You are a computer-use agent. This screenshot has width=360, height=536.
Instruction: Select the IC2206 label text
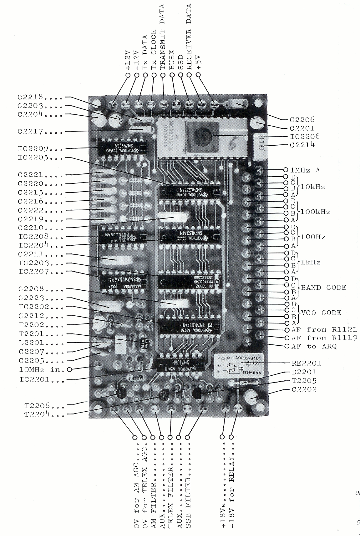pos(302,137)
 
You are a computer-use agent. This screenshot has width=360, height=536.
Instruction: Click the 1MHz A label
pos(305,170)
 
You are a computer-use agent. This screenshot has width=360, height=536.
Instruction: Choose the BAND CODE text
pos(323,288)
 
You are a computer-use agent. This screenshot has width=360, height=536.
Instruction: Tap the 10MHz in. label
pos(41,370)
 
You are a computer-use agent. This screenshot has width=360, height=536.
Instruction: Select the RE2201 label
pos(302,363)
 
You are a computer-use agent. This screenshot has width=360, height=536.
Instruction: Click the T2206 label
pos(37,406)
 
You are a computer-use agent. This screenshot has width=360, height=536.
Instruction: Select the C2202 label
pos(303,389)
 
